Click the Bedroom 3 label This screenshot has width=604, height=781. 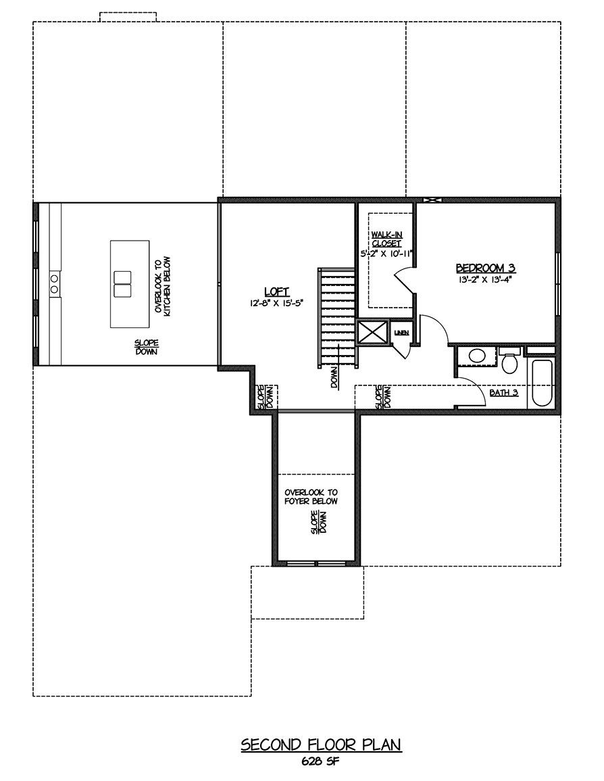486,268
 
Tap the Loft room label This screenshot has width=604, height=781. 276,292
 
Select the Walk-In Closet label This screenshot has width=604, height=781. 386,239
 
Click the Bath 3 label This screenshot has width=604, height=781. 503,392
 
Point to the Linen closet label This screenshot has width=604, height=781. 401,333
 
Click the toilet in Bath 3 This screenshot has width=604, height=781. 509,362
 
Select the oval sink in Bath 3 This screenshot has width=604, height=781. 477,356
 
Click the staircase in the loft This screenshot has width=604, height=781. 337,318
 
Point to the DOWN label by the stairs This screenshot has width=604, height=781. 334,377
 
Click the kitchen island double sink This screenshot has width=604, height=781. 122,284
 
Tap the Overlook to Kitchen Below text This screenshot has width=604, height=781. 162,285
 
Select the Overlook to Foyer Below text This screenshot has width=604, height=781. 311,496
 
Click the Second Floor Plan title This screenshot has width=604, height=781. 321,744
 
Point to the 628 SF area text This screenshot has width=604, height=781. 320,761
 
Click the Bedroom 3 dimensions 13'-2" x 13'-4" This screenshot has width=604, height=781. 486,279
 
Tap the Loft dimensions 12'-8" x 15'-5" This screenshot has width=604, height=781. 276,302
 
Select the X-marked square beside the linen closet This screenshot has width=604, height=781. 373,332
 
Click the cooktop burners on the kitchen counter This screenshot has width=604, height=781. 54,283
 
